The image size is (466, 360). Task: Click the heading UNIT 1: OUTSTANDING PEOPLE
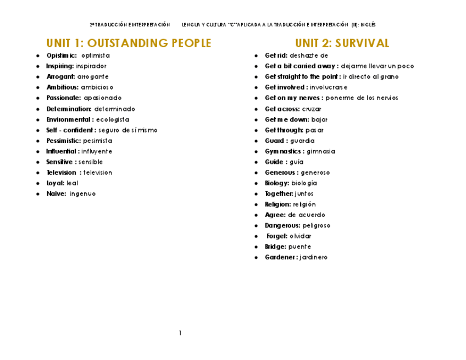(x=129, y=43)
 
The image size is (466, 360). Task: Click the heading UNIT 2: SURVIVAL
(x=342, y=43)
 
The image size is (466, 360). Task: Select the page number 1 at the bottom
(x=180, y=333)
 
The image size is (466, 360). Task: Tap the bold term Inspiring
(x=59, y=67)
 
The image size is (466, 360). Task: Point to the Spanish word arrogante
(x=93, y=77)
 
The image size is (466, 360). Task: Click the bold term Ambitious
(x=62, y=87)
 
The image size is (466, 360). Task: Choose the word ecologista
(x=113, y=119)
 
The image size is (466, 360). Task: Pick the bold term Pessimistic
(x=63, y=141)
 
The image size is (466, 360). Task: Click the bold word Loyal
(x=55, y=183)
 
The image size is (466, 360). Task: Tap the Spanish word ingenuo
(x=82, y=193)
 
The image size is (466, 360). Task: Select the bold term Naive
(x=56, y=193)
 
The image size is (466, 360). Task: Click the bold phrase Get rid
(x=275, y=56)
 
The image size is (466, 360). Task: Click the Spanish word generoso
(x=315, y=173)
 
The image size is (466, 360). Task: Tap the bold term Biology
(x=276, y=183)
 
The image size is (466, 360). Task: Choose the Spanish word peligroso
(x=317, y=225)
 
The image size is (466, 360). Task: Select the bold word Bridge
(x=275, y=247)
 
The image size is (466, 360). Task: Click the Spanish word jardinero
(x=314, y=257)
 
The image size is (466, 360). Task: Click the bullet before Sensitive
(x=38, y=162)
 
